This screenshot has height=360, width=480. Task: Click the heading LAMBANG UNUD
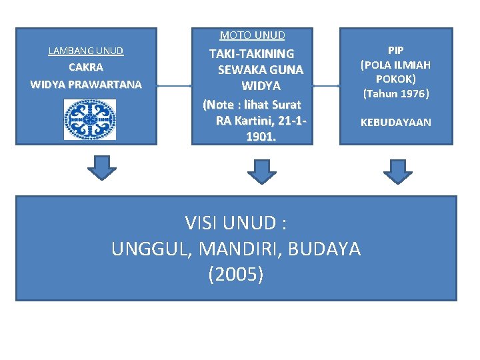86,51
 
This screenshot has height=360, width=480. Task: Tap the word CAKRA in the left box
86,67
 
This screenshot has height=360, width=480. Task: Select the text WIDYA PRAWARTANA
86,84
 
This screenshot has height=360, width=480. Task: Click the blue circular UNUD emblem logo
90,119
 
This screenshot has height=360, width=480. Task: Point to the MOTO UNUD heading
253,35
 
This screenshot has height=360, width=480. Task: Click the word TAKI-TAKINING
251,53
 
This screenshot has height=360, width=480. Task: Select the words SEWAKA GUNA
260,69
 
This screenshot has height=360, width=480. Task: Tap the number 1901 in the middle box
260,137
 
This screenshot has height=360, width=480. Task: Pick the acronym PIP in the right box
395,51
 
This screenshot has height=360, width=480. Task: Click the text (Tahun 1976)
395,93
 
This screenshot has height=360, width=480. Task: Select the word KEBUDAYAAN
395,122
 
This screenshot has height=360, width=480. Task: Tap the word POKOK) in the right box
395,79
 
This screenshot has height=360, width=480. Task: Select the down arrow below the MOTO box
262,171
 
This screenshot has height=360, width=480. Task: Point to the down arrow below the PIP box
398,171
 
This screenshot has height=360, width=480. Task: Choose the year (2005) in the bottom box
235,274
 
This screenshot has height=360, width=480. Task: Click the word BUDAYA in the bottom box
326,249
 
